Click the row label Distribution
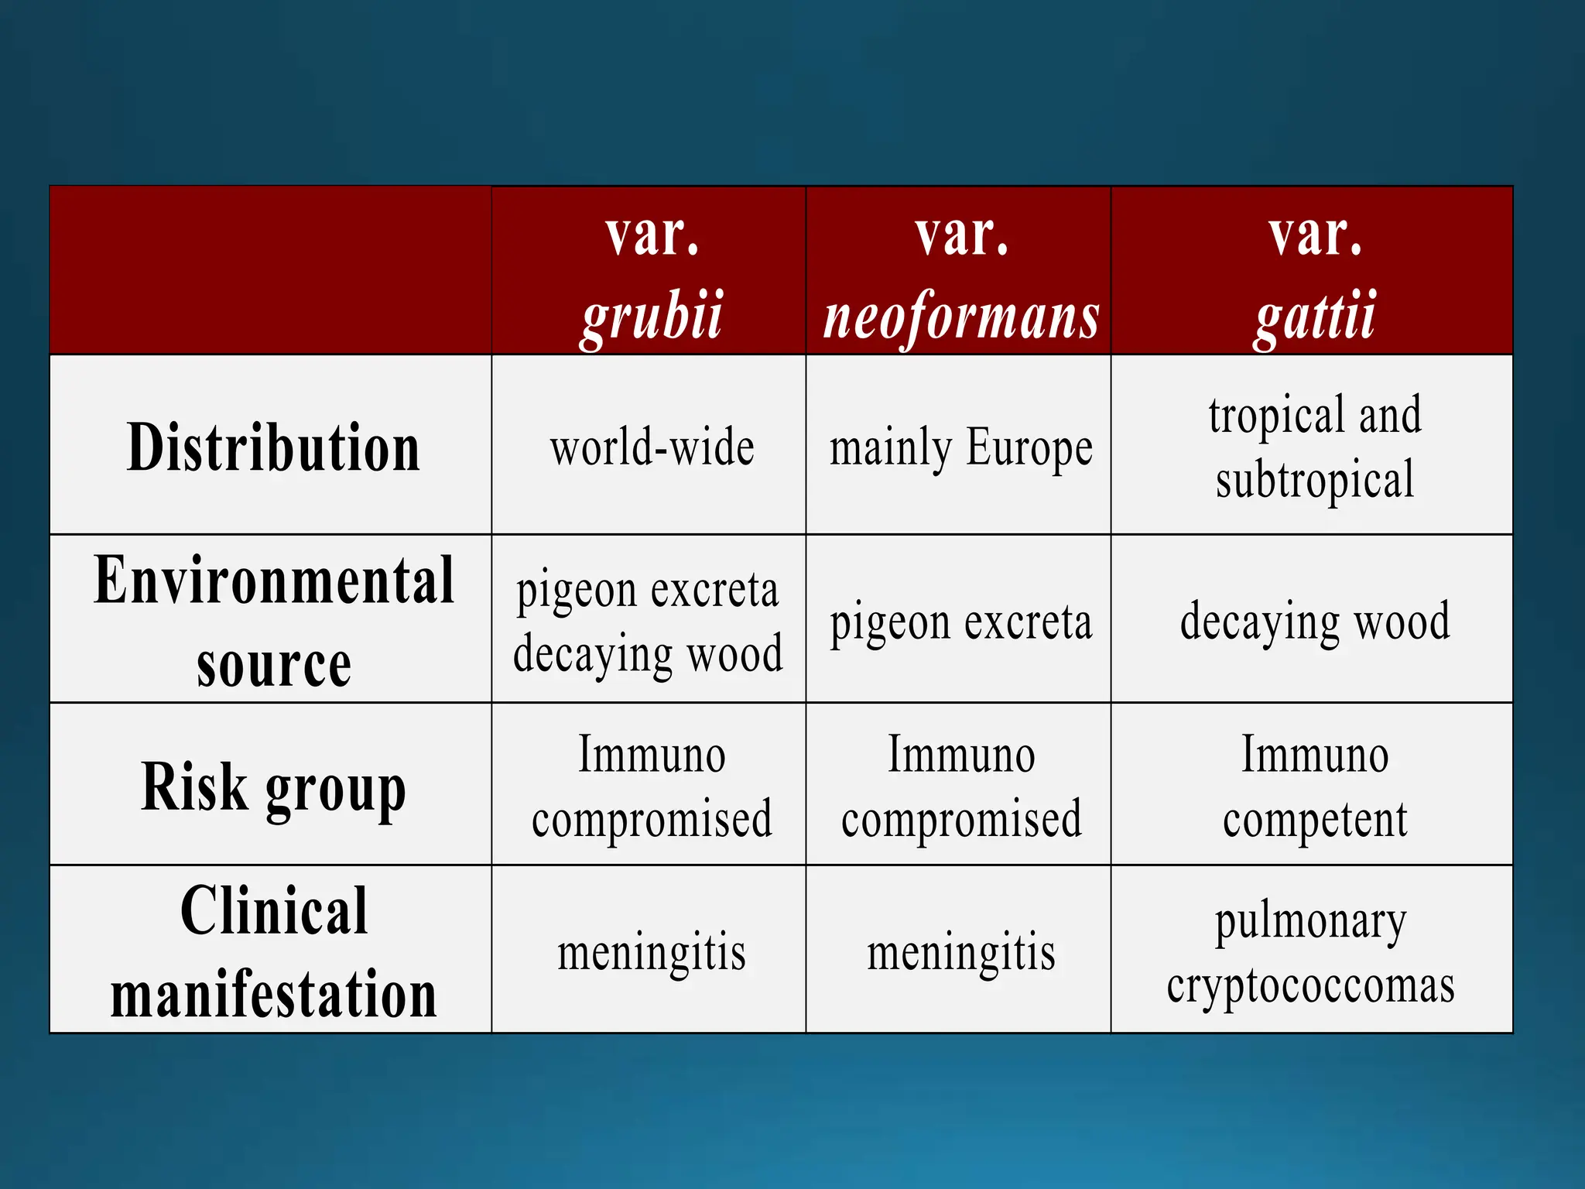pos(273,447)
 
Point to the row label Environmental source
pos(273,621)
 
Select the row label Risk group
pos(273,786)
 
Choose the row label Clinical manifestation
pos(273,951)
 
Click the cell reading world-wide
pos(652,447)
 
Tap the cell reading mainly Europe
pos(960,447)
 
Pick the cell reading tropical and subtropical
pos(1314,447)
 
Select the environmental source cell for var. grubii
pos(648,621)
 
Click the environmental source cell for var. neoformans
pos(960,621)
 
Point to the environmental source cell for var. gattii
pos(1314,621)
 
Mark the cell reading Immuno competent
pos(1314,786)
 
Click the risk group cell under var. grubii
pos(652,786)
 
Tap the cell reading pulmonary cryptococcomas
pos(1311,953)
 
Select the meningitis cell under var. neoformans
pos(960,951)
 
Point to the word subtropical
pos(1314,480)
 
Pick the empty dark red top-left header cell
pos(270,270)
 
